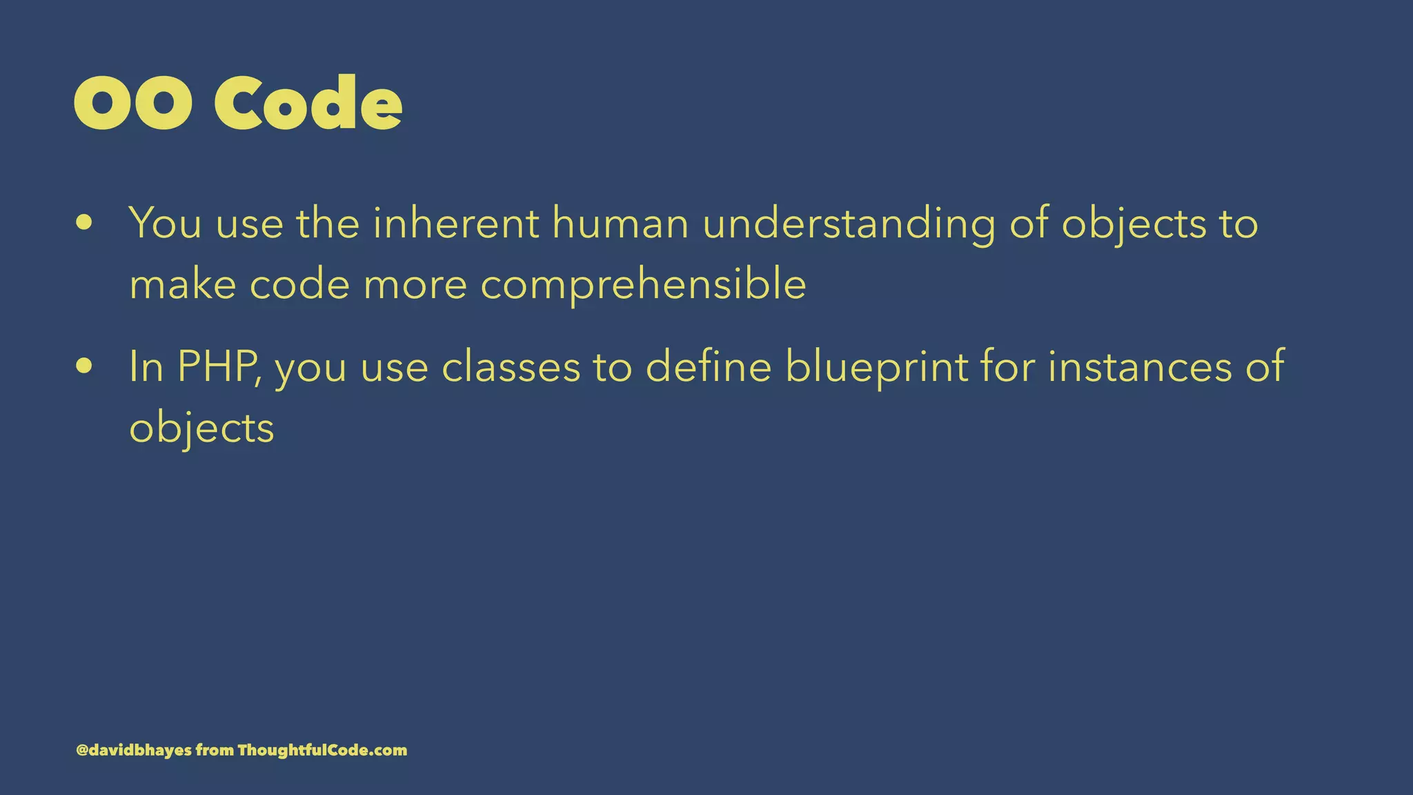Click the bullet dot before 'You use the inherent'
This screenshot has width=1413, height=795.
[85, 223]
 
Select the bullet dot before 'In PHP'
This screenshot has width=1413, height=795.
[85, 366]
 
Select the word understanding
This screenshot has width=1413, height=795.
[849, 224]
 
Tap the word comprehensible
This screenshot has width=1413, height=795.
[643, 285]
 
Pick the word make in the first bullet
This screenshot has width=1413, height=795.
[183, 284]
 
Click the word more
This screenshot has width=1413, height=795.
[415, 285]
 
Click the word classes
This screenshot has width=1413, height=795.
[511, 366]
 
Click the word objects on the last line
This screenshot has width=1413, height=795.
[201, 429]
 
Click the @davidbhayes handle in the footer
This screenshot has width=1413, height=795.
[134, 750]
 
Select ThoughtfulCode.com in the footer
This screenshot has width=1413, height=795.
[322, 750]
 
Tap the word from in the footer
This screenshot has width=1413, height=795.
[215, 750]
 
